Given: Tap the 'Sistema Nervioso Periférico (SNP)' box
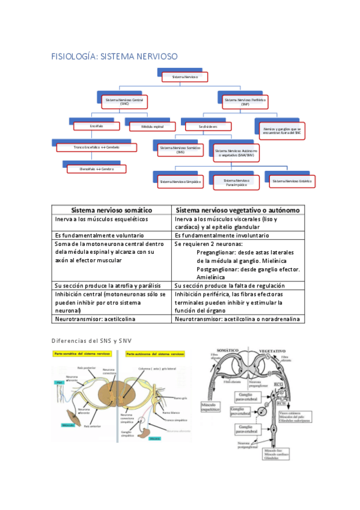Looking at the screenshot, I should coord(245,101).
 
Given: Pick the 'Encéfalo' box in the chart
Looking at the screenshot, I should coord(97,126).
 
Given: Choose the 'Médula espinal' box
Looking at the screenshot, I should coord(152,127).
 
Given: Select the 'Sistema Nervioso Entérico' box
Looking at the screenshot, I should coord(290,180).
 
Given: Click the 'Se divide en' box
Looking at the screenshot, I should coord(209,127).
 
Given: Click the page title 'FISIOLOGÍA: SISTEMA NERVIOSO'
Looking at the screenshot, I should coord(115,56).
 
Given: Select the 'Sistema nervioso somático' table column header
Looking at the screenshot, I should coord(112,210).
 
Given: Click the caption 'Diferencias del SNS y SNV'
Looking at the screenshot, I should coord(91,341).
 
